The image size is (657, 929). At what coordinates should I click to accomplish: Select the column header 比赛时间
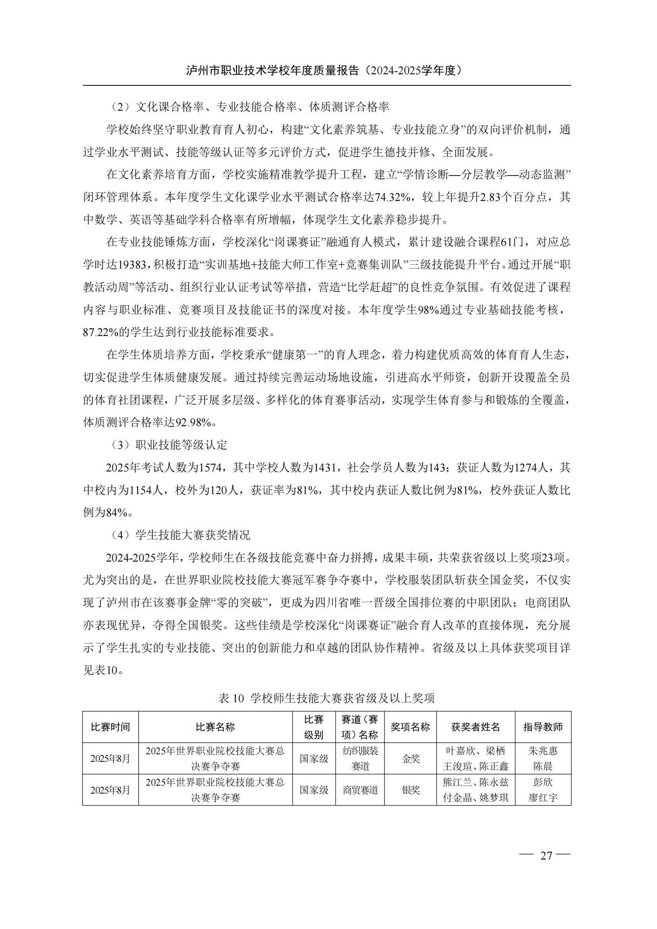[x=110, y=727]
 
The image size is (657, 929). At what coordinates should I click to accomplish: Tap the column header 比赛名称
[x=215, y=727]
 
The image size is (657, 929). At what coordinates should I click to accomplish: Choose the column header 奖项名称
[x=410, y=727]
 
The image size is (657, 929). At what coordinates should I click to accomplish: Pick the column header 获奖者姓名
[x=475, y=727]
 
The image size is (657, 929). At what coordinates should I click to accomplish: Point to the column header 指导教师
[x=543, y=727]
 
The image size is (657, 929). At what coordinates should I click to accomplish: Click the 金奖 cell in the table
[x=410, y=759]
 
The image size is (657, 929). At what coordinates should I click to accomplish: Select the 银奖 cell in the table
[x=410, y=790]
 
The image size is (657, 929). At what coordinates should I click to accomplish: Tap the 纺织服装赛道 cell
[x=360, y=759]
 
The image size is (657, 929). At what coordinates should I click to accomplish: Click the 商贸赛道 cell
[x=360, y=790]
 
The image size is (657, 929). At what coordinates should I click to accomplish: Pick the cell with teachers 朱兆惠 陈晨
[x=543, y=759]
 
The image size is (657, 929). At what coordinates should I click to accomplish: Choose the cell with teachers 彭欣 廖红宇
[x=543, y=790]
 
